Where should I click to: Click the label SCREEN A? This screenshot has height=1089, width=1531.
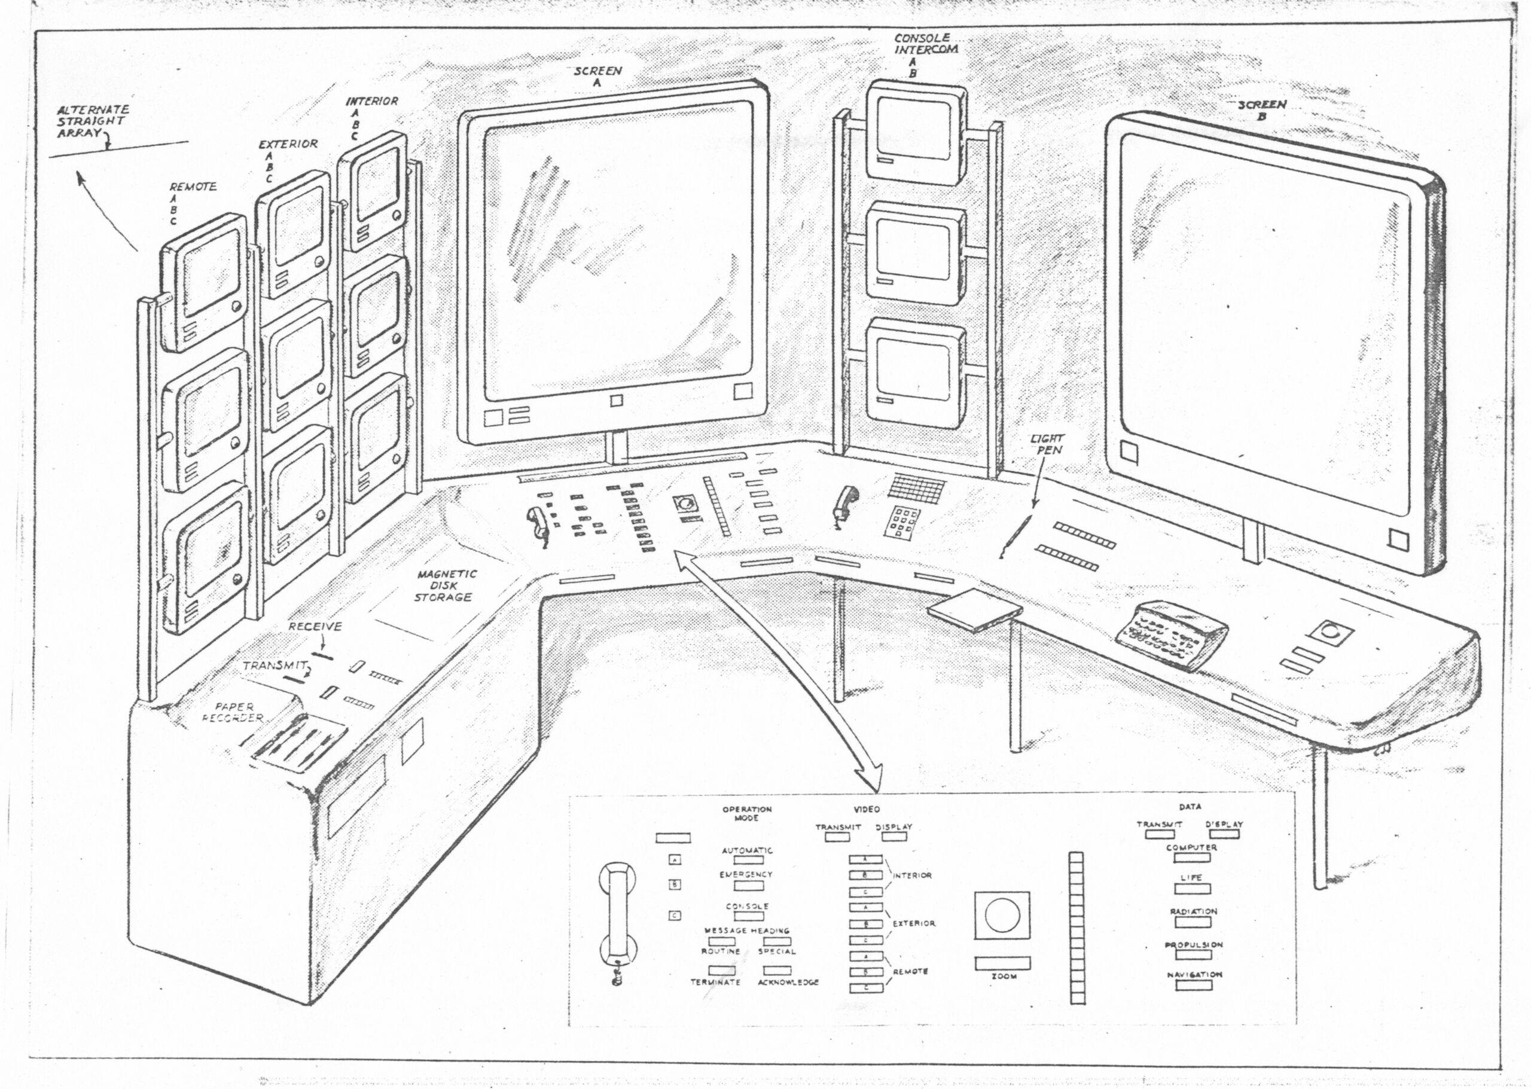(x=597, y=77)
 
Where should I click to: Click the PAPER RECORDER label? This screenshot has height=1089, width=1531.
(x=234, y=712)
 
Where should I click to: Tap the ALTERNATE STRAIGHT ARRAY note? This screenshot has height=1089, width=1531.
(x=92, y=121)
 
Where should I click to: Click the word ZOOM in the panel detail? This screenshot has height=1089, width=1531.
(x=1004, y=977)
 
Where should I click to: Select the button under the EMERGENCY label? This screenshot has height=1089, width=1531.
(x=748, y=886)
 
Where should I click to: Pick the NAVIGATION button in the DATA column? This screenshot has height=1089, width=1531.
(x=1193, y=985)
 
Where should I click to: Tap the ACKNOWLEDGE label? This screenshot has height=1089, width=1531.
(x=788, y=983)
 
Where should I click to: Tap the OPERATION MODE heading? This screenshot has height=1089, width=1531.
(x=746, y=813)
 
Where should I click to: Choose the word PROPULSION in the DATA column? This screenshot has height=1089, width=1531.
(x=1194, y=945)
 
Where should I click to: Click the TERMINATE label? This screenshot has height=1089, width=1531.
(x=715, y=983)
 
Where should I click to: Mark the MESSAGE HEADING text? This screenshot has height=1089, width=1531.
(x=746, y=931)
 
